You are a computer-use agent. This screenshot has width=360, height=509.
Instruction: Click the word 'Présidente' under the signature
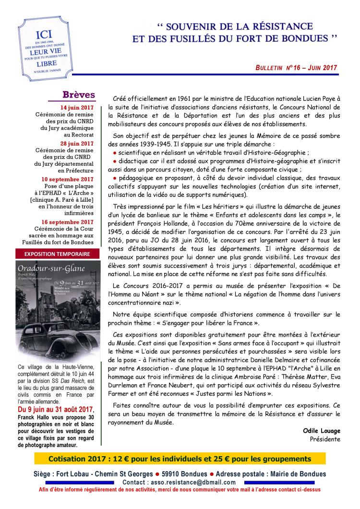point(325,439)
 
